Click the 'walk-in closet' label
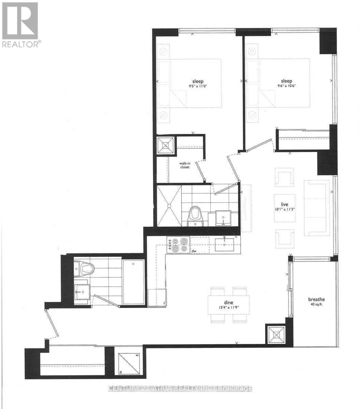[x=184, y=165]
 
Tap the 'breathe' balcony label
[x=317, y=299]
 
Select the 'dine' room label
[x=228, y=302]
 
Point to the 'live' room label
[x=285, y=204]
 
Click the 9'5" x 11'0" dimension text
[x=198, y=86]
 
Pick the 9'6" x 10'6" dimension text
[x=286, y=86]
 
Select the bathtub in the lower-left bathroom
[x=133, y=282]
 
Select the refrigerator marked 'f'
[x=157, y=298]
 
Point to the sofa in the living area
[x=317, y=208]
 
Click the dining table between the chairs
[x=228, y=305]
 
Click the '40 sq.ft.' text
[x=317, y=304]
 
